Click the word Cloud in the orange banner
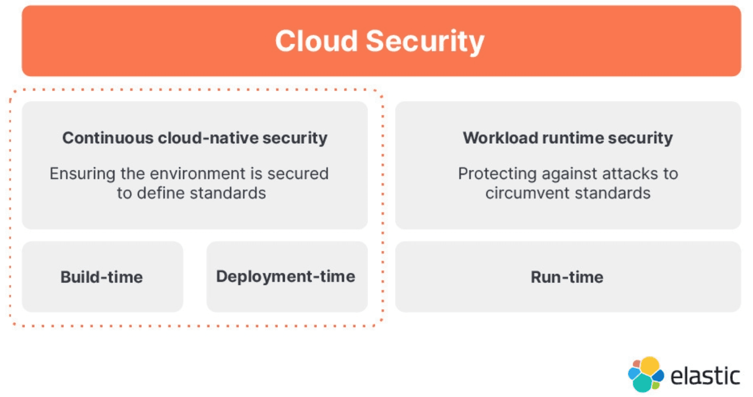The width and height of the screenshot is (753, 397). [x=316, y=41]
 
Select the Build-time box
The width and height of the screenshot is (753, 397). [x=102, y=277]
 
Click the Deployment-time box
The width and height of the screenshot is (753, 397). [x=286, y=276]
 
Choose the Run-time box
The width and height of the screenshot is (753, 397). [x=567, y=277]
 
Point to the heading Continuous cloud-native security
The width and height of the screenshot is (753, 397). [x=195, y=138]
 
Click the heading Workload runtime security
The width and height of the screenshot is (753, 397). [x=568, y=138]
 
